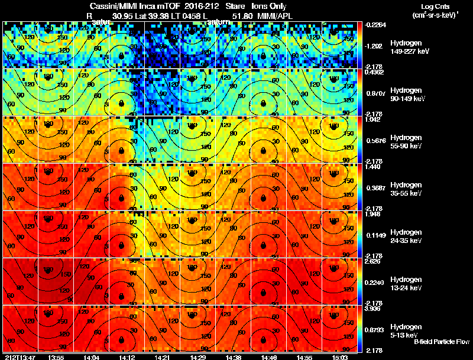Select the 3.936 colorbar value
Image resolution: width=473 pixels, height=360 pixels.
pos(374,309)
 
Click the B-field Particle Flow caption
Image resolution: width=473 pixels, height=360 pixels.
pos(441,342)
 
